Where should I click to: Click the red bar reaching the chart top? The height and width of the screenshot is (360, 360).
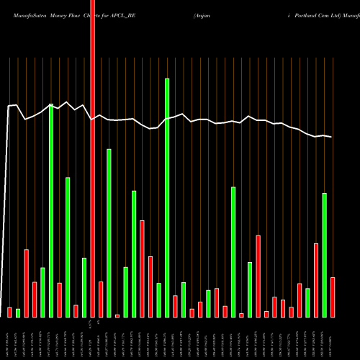pos(92,158)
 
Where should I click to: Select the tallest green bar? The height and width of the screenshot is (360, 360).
pos(167,198)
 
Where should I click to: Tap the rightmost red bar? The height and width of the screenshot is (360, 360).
pos(333,297)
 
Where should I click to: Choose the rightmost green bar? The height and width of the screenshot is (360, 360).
pos(325,255)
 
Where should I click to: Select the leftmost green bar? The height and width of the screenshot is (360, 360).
pos(18,312)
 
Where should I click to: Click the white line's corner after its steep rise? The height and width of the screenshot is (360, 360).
pos(9,107)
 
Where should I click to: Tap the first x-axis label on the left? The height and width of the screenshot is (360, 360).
pos(9,338)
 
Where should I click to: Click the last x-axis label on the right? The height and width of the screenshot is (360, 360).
pos(333,338)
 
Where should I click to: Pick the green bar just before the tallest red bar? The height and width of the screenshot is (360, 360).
pos(84,287)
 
